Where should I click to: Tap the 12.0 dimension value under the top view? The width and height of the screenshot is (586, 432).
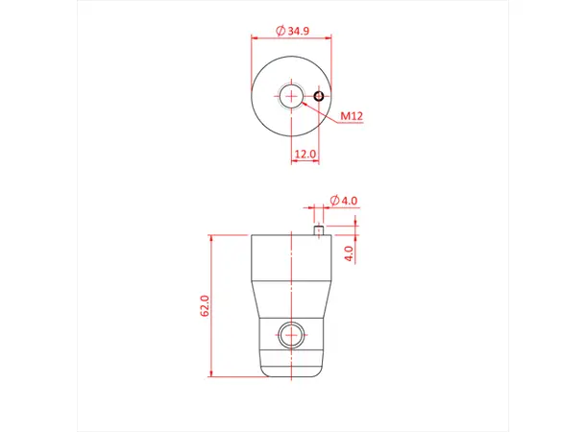point(305,154)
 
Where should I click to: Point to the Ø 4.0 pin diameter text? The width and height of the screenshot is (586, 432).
point(344,200)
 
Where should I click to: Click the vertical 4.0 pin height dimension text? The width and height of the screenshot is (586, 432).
point(350,252)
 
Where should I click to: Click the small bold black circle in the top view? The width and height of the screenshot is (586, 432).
point(318,95)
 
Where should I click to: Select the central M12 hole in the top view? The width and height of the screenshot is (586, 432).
point(291,95)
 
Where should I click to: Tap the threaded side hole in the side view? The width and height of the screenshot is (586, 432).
point(291,336)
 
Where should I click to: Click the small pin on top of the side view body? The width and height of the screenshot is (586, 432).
point(318,229)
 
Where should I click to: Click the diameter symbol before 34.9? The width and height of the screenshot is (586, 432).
point(280,32)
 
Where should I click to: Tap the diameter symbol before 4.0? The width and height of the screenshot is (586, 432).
point(333,200)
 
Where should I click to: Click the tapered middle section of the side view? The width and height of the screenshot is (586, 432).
point(291,299)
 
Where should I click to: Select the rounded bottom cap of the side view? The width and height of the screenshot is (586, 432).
point(291,369)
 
